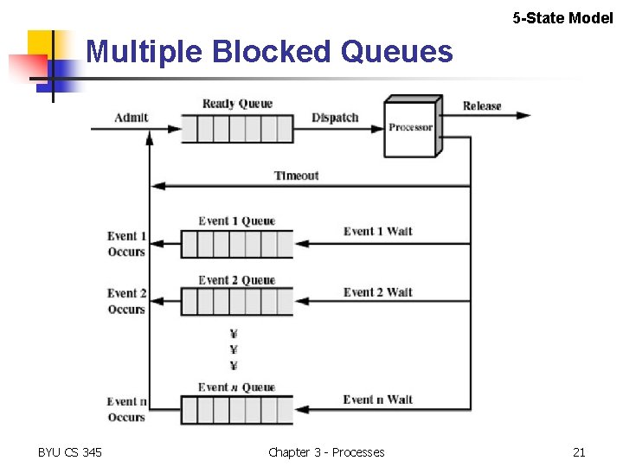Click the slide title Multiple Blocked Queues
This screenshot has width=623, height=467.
(x=269, y=53)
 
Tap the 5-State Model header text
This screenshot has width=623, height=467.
(x=562, y=17)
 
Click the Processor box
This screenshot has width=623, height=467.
(x=410, y=128)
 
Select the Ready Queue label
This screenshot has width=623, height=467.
(x=237, y=104)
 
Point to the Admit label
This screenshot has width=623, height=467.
(x=132, y=118)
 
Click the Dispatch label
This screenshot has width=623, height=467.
(x=335, y=118)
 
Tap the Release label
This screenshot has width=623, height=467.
(x=482, y=106)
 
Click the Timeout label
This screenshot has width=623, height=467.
(x=296, y=176)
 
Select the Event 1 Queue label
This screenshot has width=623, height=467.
(x=236, y=221)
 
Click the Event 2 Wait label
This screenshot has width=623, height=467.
(x=378, y=292)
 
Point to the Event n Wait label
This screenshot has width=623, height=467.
(x=378, y=400)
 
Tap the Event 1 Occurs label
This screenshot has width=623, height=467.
(x=126, y=244)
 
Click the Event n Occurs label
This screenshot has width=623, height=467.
(x=126, y=409)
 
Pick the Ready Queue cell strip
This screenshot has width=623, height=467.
(x=237, y=129)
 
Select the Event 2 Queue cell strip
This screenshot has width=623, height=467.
(x=237, y=302)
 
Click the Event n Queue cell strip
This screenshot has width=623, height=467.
(x=237, y=409)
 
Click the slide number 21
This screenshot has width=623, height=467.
(x=579, y=452)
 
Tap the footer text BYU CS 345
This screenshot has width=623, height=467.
(x=70, y=452)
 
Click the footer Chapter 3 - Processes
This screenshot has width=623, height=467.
(x=326, y=452)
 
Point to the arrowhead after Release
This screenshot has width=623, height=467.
(x=523, y=117)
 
